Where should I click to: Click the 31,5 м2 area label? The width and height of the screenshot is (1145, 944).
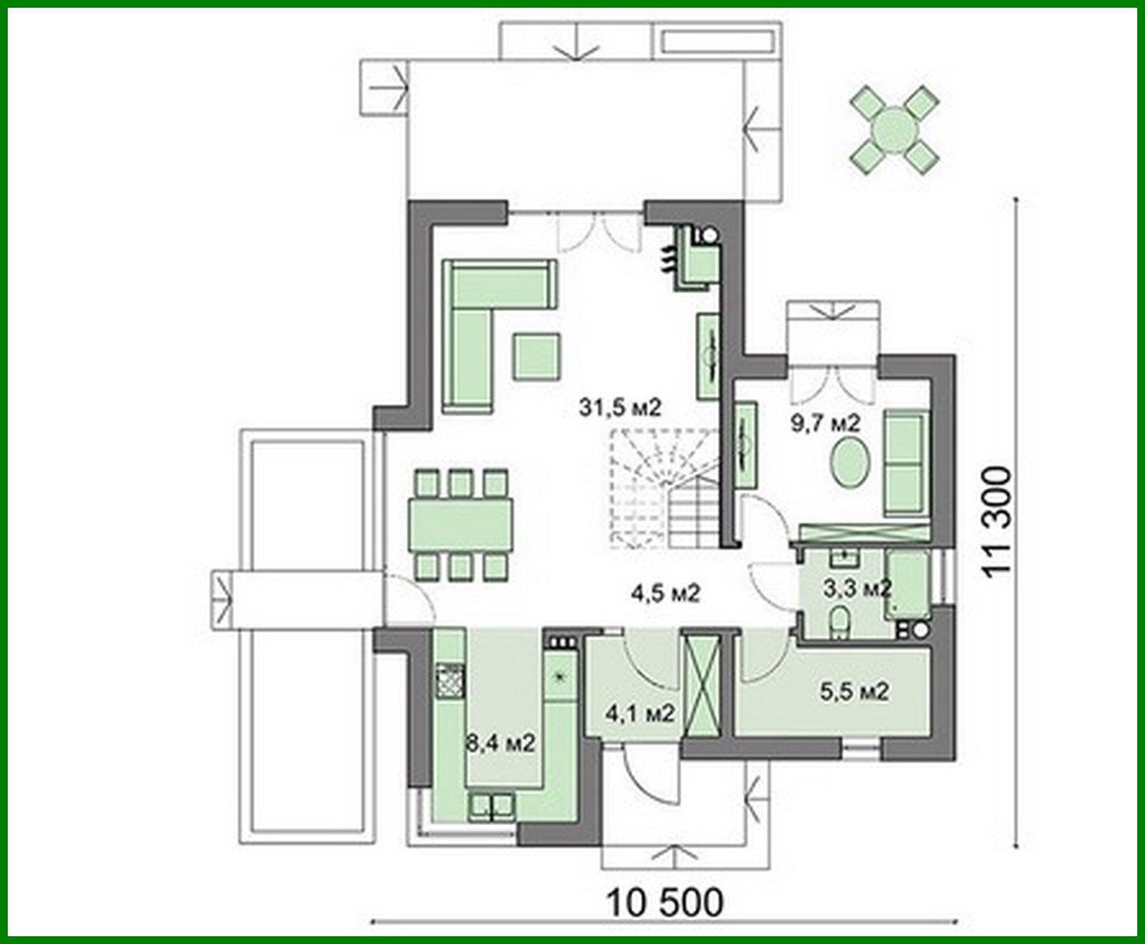click(619, 408)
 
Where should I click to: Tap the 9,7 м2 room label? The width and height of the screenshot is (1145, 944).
click(825, 422)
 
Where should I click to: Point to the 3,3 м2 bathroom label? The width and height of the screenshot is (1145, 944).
click(856, 588)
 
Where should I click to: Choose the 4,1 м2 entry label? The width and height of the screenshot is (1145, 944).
click(637, 713)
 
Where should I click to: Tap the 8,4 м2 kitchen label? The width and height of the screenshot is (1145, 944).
click(502, 742)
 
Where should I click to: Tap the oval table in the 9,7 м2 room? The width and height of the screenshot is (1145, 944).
click(851, 464)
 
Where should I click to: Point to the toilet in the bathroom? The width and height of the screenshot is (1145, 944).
click(840, 622)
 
